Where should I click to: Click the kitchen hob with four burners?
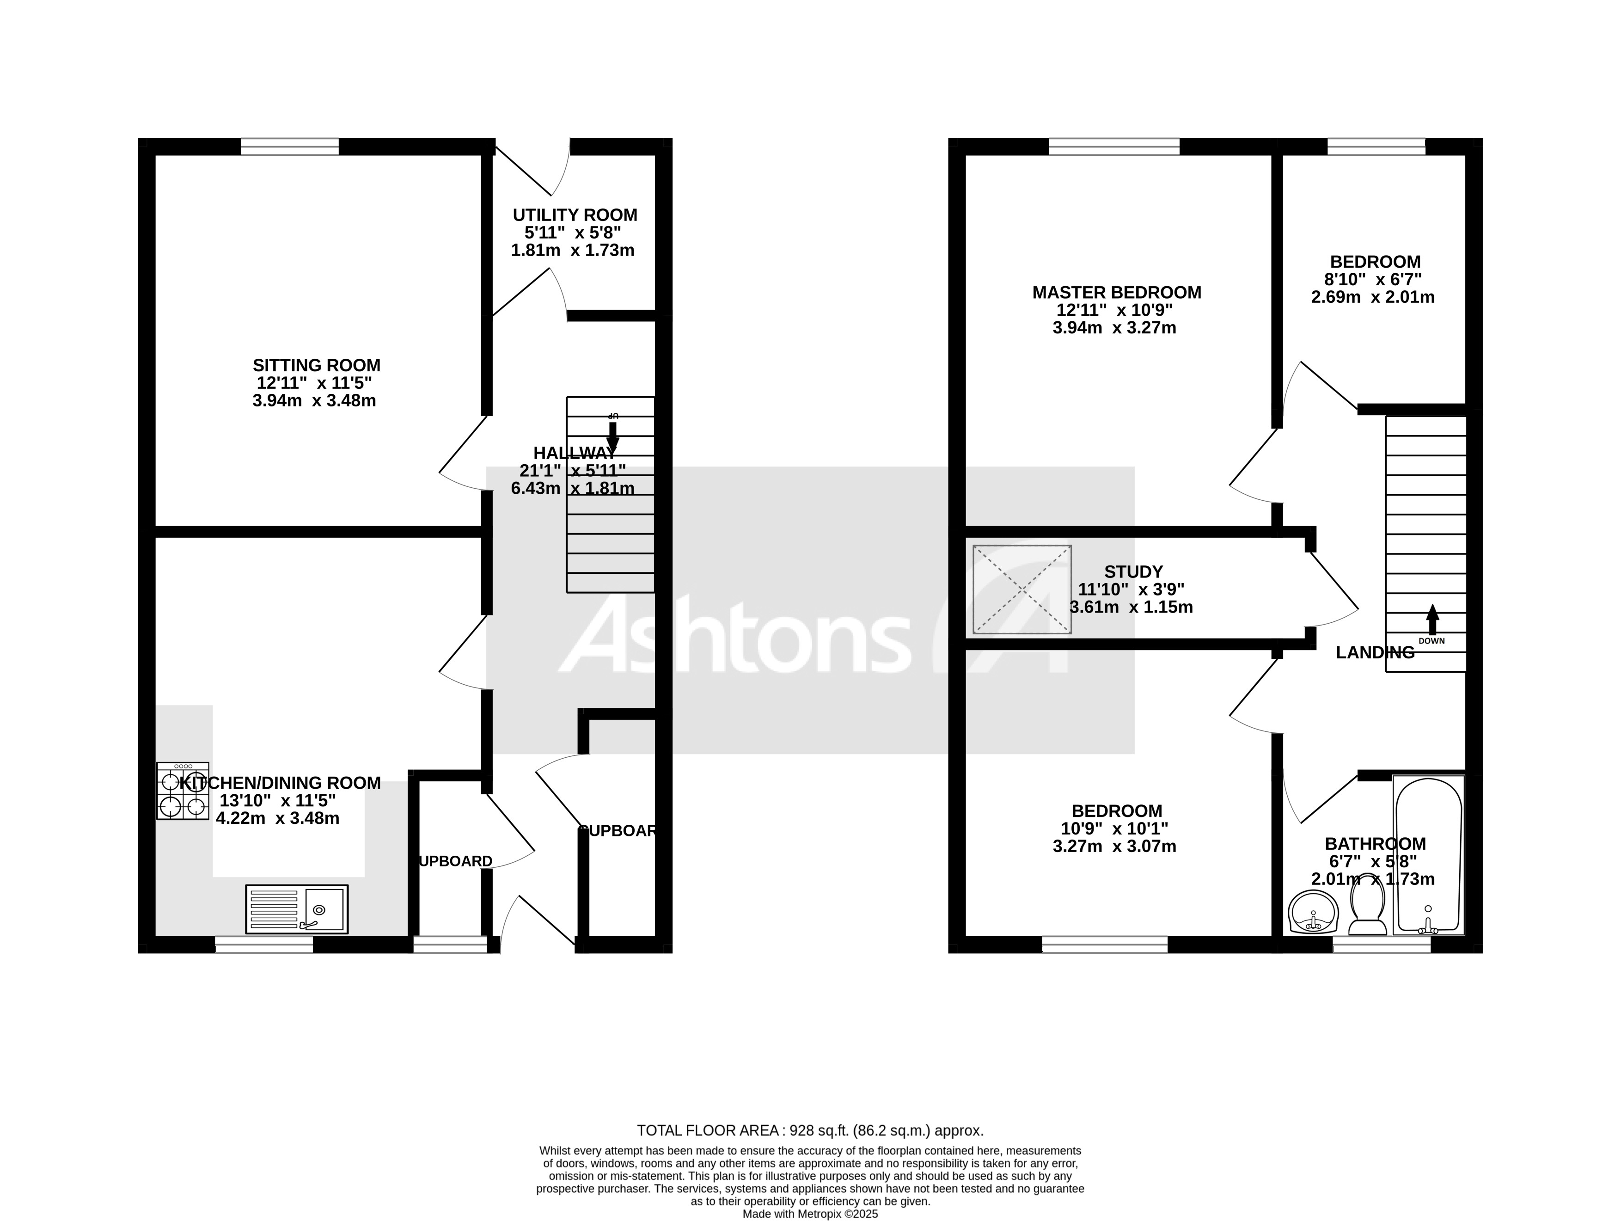(183, 790)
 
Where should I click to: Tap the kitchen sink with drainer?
(297, 909)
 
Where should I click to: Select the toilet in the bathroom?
(1367, 909)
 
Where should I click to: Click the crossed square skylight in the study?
(1022, 589)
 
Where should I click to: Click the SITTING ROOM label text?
(317, 365)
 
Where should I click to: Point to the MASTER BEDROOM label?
(1116, 293)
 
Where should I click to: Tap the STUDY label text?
(1133, 571)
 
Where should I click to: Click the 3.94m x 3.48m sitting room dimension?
(314, 401)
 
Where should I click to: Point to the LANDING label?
(1375, 652)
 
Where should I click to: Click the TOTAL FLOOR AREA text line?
(810, 1130)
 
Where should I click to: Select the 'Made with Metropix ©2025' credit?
(810, 1214)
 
